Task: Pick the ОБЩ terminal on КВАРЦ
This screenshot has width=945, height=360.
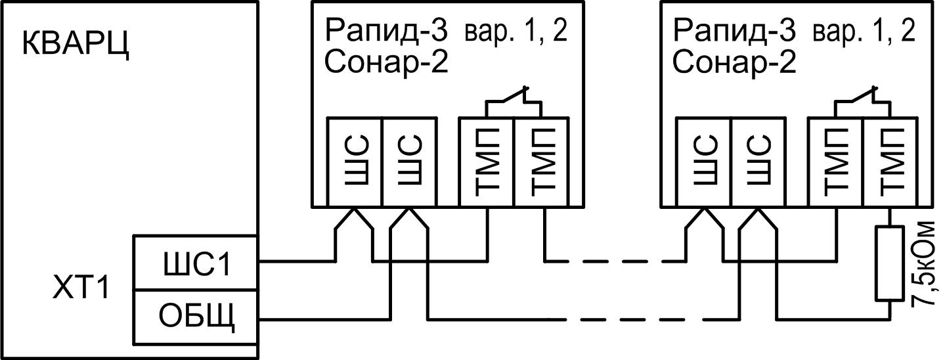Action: pos(196,319)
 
